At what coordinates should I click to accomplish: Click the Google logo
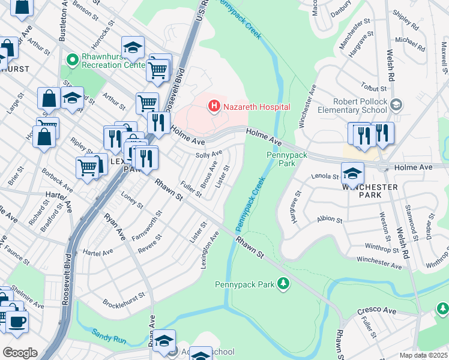point(20,353)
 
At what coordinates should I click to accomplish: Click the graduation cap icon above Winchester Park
point(352,173)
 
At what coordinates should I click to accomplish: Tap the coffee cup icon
point(16,322)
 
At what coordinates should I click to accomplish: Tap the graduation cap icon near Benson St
point(133,47)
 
